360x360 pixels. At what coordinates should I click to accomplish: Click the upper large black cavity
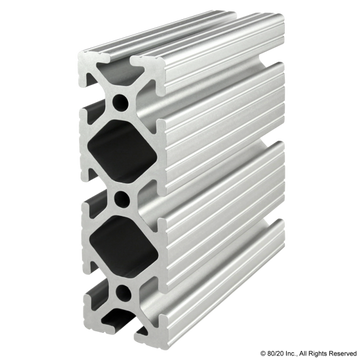click(x=121, y=149)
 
